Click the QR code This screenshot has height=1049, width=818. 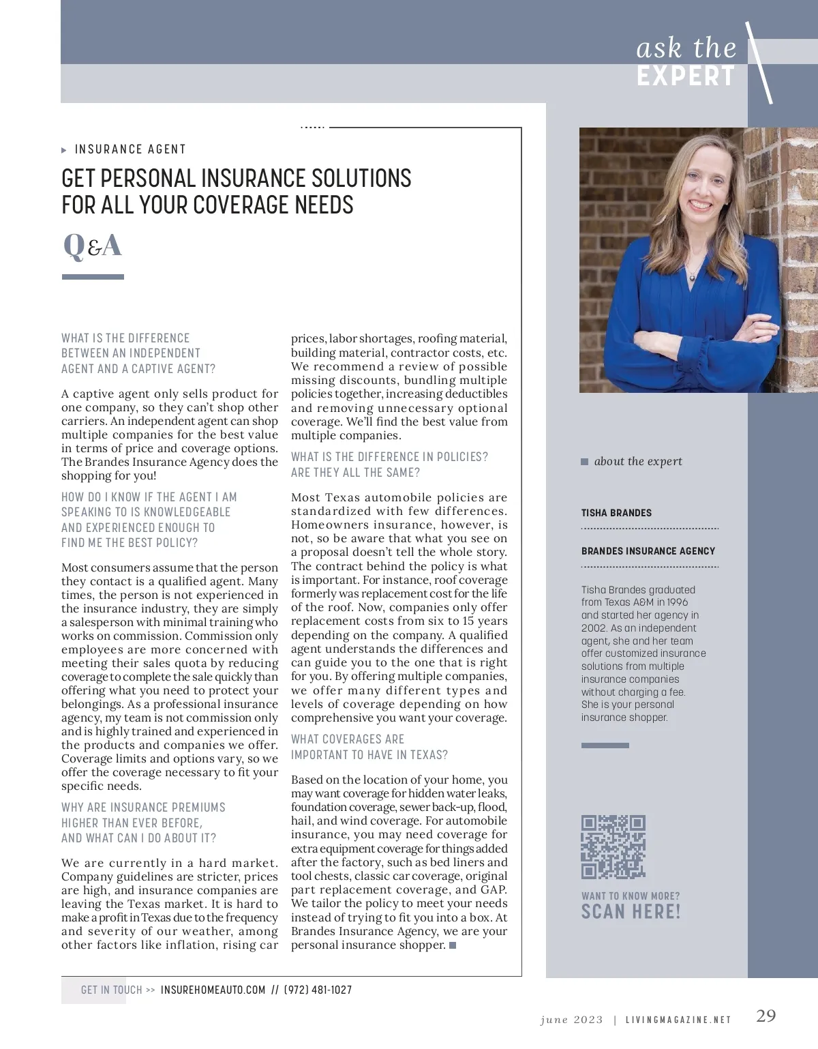tap(613, 846)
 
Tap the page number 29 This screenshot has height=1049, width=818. tap(766, 1016)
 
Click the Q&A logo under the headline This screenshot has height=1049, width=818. tap(92, 246)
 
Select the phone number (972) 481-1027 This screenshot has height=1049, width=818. tap(318, 990)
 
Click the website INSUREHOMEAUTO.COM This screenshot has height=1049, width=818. tap(213, 990)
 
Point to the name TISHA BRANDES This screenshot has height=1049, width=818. tap(616, 513)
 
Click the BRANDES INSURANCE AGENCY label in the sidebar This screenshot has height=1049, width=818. tap(648, 551)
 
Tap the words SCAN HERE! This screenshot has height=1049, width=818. tap(631, 912)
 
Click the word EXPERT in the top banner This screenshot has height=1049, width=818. tap(686, 76)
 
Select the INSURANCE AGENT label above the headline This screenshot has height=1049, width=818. tap(130, 149)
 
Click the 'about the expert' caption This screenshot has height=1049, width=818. tap(637, 461)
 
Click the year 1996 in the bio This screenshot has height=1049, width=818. tap(677, 602)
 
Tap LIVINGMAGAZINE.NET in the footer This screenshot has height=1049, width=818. tap(678, 1020)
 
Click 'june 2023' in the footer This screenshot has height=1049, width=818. tap(571, 1020)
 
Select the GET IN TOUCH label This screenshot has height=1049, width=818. tap(111, 990)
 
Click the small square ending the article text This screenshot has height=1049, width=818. tap(453, 945)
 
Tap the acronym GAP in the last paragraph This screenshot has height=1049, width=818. tap(494, 889)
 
